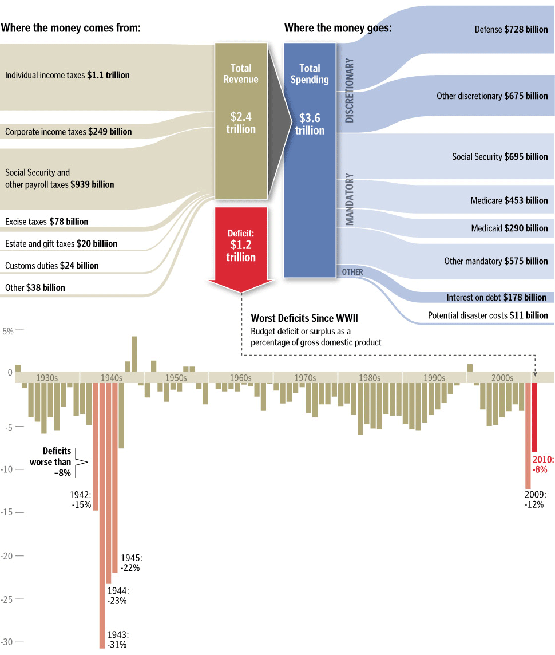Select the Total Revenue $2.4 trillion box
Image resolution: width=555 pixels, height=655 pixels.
(241, 120)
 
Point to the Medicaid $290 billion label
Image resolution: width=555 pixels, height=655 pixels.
(509, 228)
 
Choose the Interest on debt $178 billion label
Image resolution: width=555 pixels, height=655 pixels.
(496, 298)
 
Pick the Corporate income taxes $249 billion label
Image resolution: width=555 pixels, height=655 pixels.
(68, 132)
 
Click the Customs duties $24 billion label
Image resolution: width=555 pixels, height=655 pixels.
(51, 266)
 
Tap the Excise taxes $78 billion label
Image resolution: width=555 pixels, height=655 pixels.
(46, 221)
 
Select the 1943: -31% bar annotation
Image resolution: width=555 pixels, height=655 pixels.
(117, 640)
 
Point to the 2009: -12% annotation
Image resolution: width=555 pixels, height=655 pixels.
(535, 499)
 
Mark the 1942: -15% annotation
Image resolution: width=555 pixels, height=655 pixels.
(80, 500)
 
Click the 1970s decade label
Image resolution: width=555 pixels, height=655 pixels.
(305, 378)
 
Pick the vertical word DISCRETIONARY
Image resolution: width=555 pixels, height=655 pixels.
(350, 90)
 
